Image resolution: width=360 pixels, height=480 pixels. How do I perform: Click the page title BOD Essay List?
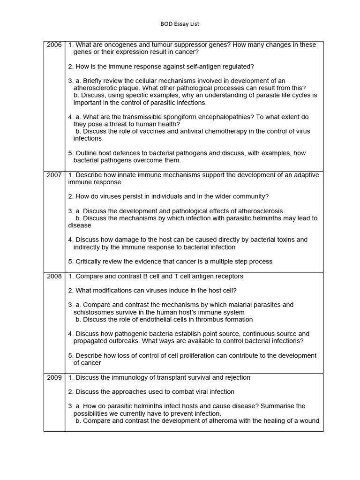(x=180, y=23)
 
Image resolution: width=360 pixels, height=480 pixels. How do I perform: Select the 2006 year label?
(x=54, y=45)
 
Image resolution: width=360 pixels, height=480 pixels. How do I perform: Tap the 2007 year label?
(x=54, y=175)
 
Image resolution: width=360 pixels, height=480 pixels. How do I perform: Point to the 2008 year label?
(x=54, y=276)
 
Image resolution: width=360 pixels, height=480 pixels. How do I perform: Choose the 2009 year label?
(x=54, y=377)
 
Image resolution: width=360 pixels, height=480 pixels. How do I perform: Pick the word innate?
(x=123, y=175)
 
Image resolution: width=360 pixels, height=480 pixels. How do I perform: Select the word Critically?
(x=90, y=262)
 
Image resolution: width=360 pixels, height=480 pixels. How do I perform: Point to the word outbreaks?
(x=120, y=341)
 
